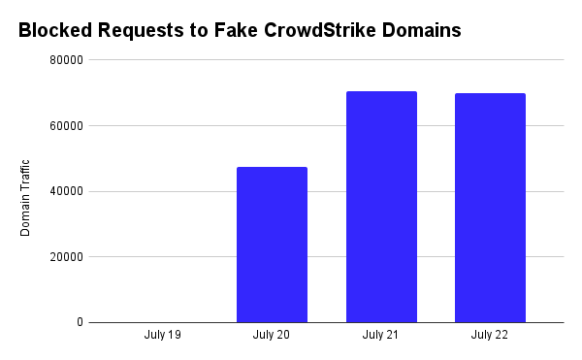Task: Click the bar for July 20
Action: (x=272, y=245)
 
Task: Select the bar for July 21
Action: (x=381, y=207)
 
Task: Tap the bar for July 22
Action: (x=490, y=208)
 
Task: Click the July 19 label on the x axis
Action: (x=162, y=336)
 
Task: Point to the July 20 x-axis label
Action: (x=272, y=336)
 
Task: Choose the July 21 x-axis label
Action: (x=381, y=336)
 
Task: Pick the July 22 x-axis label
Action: (x=490, y=336)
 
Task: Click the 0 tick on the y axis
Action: (x=78, y=322)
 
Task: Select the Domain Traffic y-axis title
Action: (x=27, y=198)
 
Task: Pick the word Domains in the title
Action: (x=422, y=30)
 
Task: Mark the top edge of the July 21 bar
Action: (x=381, y=92)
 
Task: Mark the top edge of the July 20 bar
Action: (x=272, y=168)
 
